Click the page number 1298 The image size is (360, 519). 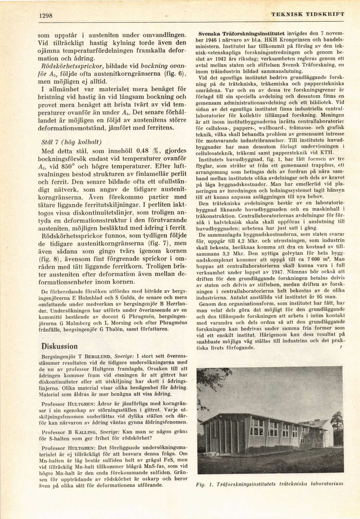point(45,16)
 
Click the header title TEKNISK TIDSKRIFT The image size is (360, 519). point(308,14)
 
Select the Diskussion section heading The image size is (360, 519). point(59,346)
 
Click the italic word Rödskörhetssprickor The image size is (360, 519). point(70,66)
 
